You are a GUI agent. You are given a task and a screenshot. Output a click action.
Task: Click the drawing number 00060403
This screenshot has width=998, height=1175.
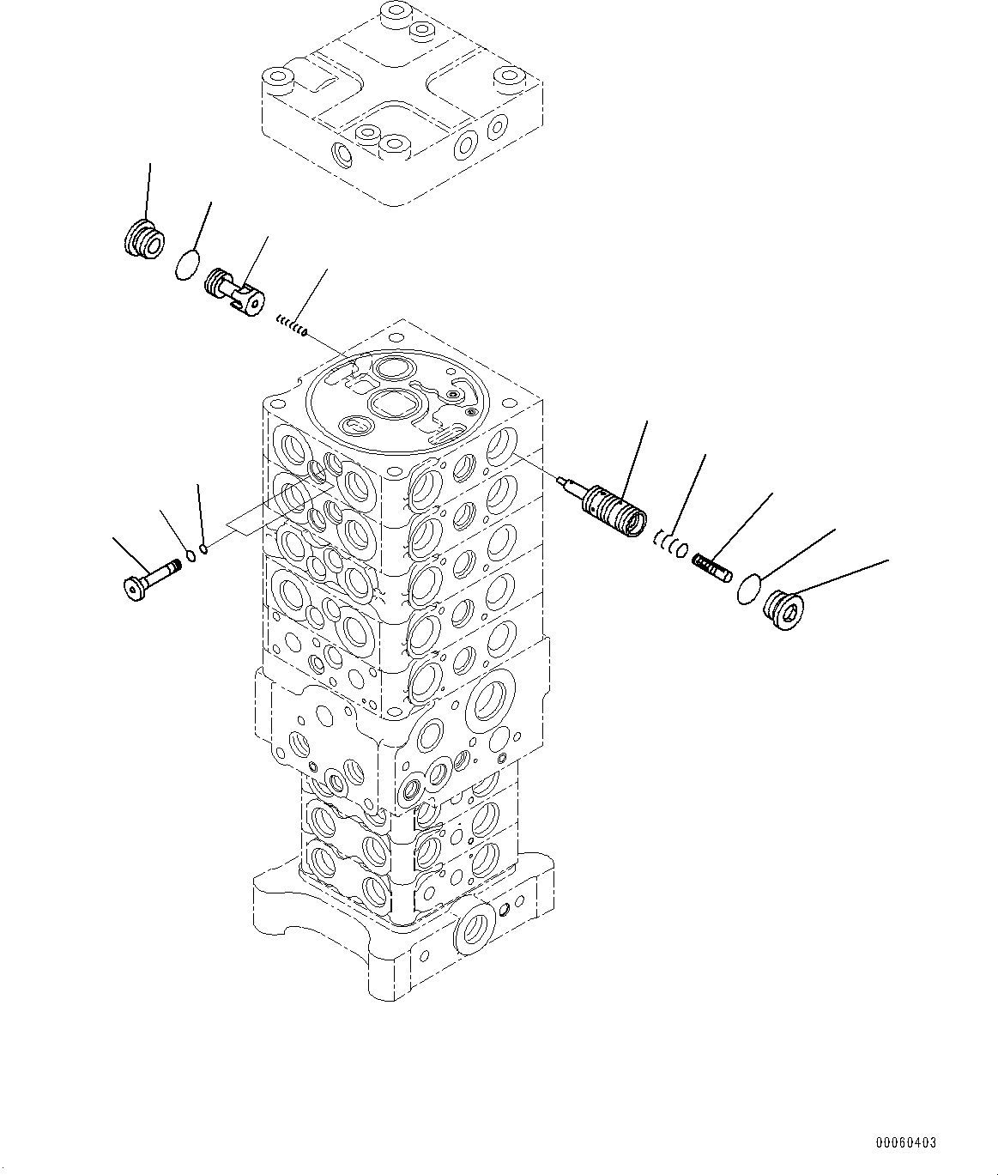906,1142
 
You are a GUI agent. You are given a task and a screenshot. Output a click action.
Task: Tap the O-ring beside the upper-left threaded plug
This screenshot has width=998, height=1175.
187,264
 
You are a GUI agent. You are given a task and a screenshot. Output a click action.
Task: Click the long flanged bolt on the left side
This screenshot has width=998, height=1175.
150,579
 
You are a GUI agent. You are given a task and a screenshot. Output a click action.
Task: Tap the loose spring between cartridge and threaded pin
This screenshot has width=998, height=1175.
671,542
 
